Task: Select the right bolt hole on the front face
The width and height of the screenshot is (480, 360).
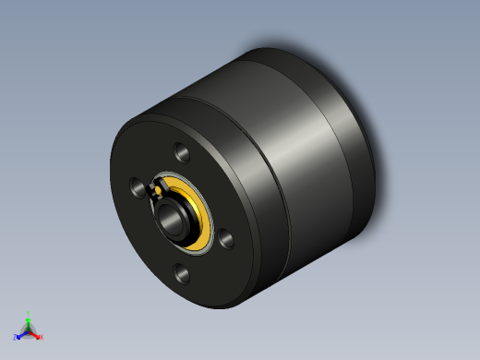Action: coord(225,239)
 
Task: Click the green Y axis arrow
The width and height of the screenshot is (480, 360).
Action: coord(29,319)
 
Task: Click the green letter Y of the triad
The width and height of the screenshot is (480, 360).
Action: coord(29,313)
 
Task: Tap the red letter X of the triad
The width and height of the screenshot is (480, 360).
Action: coord(41,337)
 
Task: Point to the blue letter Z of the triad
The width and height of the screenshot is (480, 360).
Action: coord(16,338)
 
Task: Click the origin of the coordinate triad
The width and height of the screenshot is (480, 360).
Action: coord(29,330)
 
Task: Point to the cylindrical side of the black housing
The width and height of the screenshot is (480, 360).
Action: coord(277,185)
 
